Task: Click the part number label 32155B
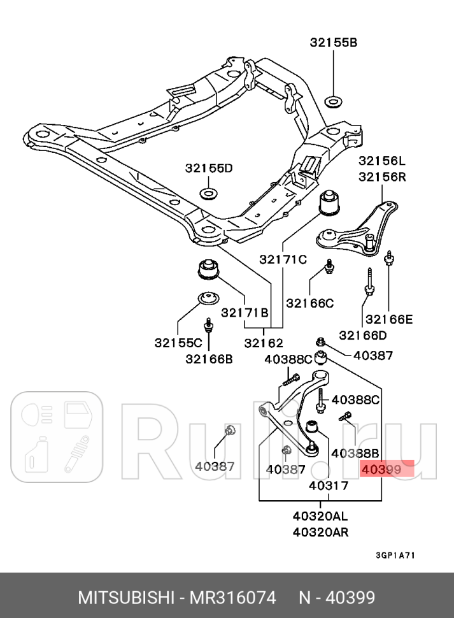click(334, 43)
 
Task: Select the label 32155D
click(209, 168)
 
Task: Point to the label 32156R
click(381, 177)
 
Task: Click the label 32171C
click(283, 259)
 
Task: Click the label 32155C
click(178, 342)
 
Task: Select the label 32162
click(263, 343)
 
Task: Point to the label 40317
click(329, 485)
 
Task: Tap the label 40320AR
click(321, 532)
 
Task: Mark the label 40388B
click(355, 453)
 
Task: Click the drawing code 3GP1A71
click(395, 555)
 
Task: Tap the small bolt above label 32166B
click(208, 327)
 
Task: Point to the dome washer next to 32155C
click(207, 298)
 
